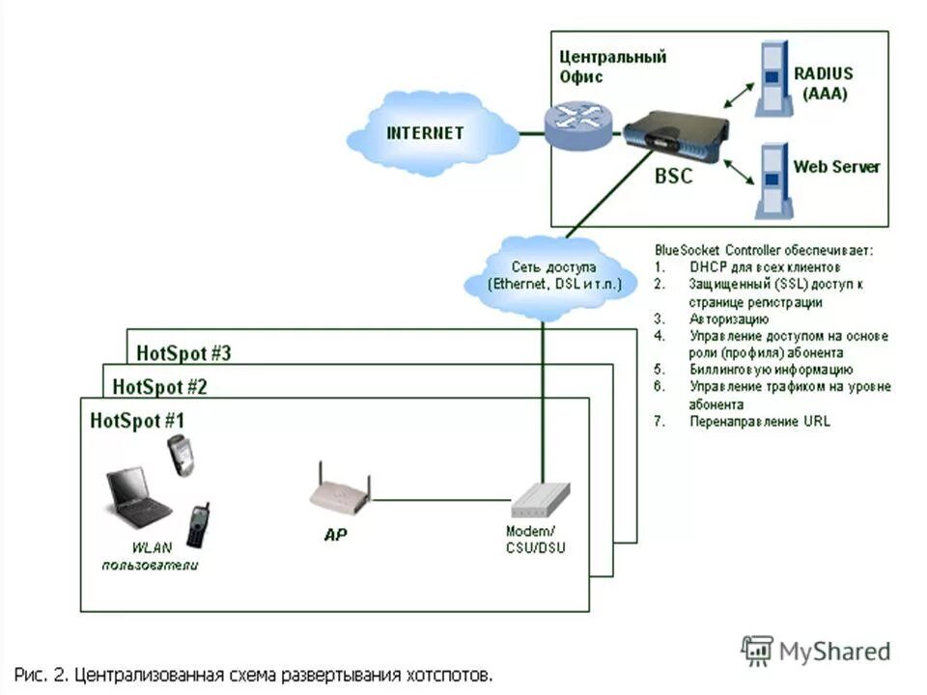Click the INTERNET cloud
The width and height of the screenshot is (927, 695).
(425, 133)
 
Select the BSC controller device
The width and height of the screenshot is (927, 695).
(673, 135)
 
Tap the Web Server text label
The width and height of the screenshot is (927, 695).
(836, 167)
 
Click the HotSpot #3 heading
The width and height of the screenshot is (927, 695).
(183, 352)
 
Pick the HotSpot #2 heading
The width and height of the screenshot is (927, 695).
(160, 387)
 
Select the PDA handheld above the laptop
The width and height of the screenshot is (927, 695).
(180, 455)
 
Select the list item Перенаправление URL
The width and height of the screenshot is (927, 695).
(760, 422)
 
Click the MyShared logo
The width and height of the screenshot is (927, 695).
(816, 651)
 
